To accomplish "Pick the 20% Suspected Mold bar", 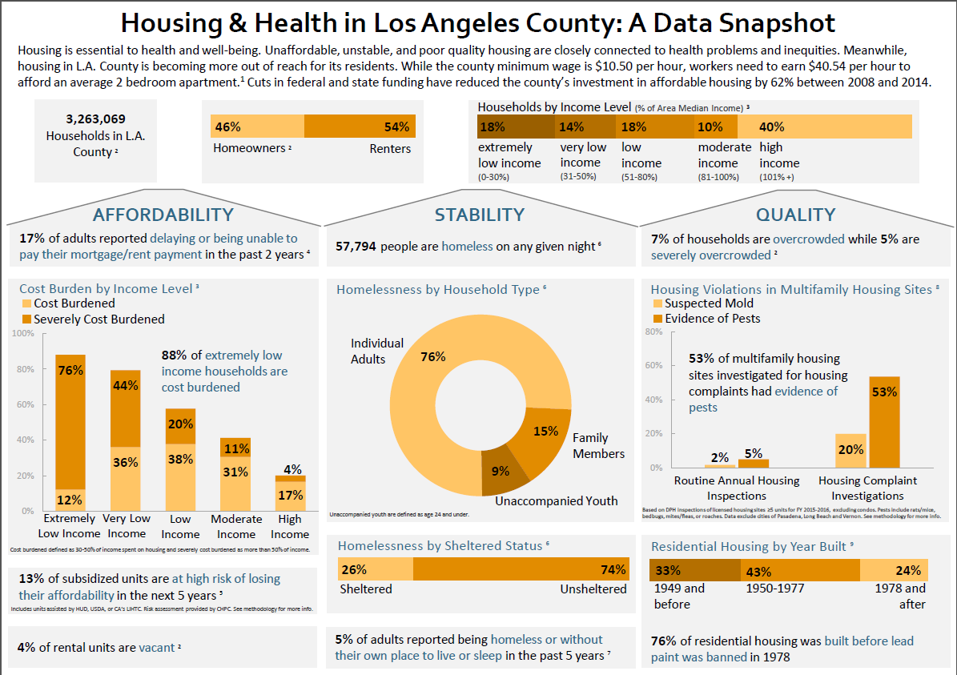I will pos(850,451).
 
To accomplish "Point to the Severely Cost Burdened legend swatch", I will pos(26,319).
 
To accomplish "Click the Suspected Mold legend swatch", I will pos(658,303).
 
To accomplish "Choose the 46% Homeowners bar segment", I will pos(257,127).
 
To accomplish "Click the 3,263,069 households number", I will pos(95,119).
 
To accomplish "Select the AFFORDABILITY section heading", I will pos(163,215).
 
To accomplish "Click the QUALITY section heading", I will pos(795,215).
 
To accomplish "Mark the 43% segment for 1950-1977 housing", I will pos(798,570).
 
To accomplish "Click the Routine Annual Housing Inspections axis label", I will pos(737,488).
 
